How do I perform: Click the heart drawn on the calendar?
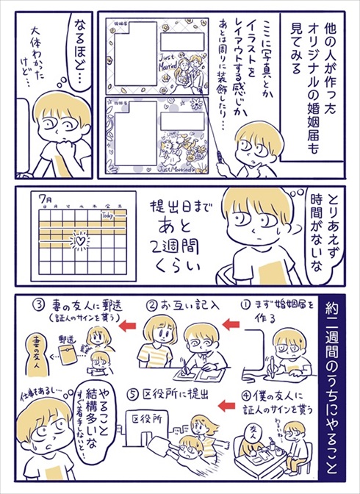coord(79,239)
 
